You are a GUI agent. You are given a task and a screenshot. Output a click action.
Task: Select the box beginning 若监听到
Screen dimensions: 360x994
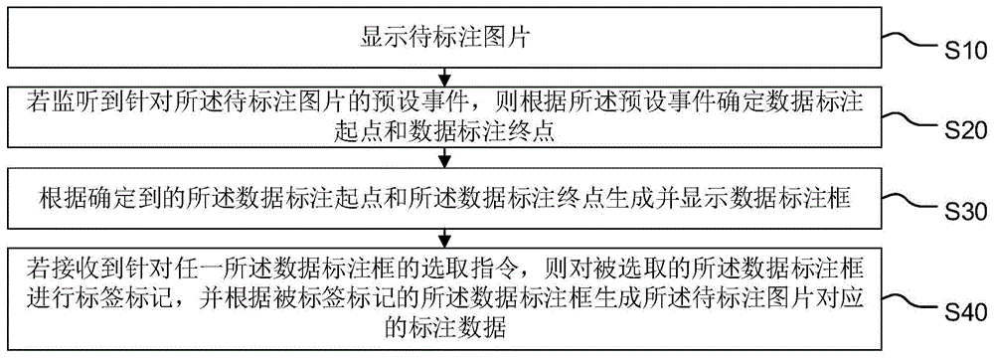(444, 115)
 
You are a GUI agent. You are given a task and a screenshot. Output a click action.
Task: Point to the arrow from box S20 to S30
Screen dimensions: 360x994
(444, 158)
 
